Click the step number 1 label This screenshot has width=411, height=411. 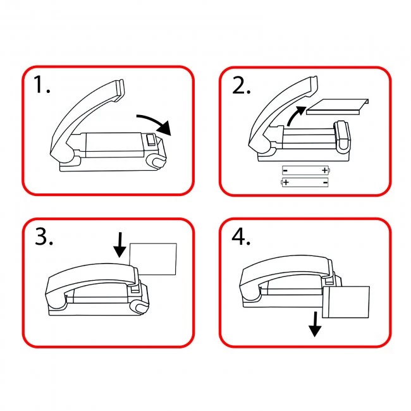click(42, 84)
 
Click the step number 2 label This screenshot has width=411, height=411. click(241, 85)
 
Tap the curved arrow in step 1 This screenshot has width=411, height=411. click(155, 123)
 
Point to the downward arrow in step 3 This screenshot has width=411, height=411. click(120, 245)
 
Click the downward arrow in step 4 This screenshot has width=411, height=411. click(315, 324)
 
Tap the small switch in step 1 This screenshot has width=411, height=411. click(151, 140)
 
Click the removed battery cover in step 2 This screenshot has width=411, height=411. click(338, 107)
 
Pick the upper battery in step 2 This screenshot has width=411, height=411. click(305, 170)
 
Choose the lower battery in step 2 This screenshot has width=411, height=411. click(305, 182)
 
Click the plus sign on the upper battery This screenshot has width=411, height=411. click(325, 170)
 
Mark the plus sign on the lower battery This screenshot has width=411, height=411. click(286, 182)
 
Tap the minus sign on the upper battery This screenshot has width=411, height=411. click(285, 171)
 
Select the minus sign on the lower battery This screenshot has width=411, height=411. click(325, 182)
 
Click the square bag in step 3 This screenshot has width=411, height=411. click(153, 259)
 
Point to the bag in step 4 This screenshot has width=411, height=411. click(346, 302)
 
